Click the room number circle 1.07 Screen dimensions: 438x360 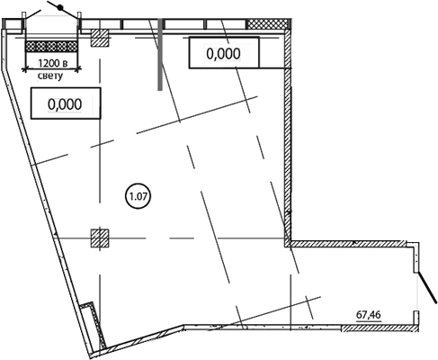click(138, 196)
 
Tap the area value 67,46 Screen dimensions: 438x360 click(369, 315)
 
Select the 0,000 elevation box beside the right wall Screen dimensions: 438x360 click(224, 52)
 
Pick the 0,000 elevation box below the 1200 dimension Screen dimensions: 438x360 click(66, 103)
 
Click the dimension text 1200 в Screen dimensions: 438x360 click(52, 64)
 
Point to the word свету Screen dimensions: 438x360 click(50, 76)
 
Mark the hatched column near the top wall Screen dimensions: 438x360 click(100, 38)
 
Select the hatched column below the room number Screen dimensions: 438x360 click(100, 238)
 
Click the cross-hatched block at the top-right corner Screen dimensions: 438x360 click(269, 24)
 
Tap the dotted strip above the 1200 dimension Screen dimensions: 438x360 click(51, 46)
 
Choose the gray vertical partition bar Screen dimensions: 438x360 click(160, 54)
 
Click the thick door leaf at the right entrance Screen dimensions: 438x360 click(427, 288)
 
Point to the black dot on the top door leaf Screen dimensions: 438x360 click(60, 8)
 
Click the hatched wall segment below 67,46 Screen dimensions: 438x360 click(380, 328)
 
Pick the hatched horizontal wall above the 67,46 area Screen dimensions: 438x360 click(348, 244)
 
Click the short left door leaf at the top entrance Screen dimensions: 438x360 click(32, 14)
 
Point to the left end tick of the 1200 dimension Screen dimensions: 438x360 click(24, 69)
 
